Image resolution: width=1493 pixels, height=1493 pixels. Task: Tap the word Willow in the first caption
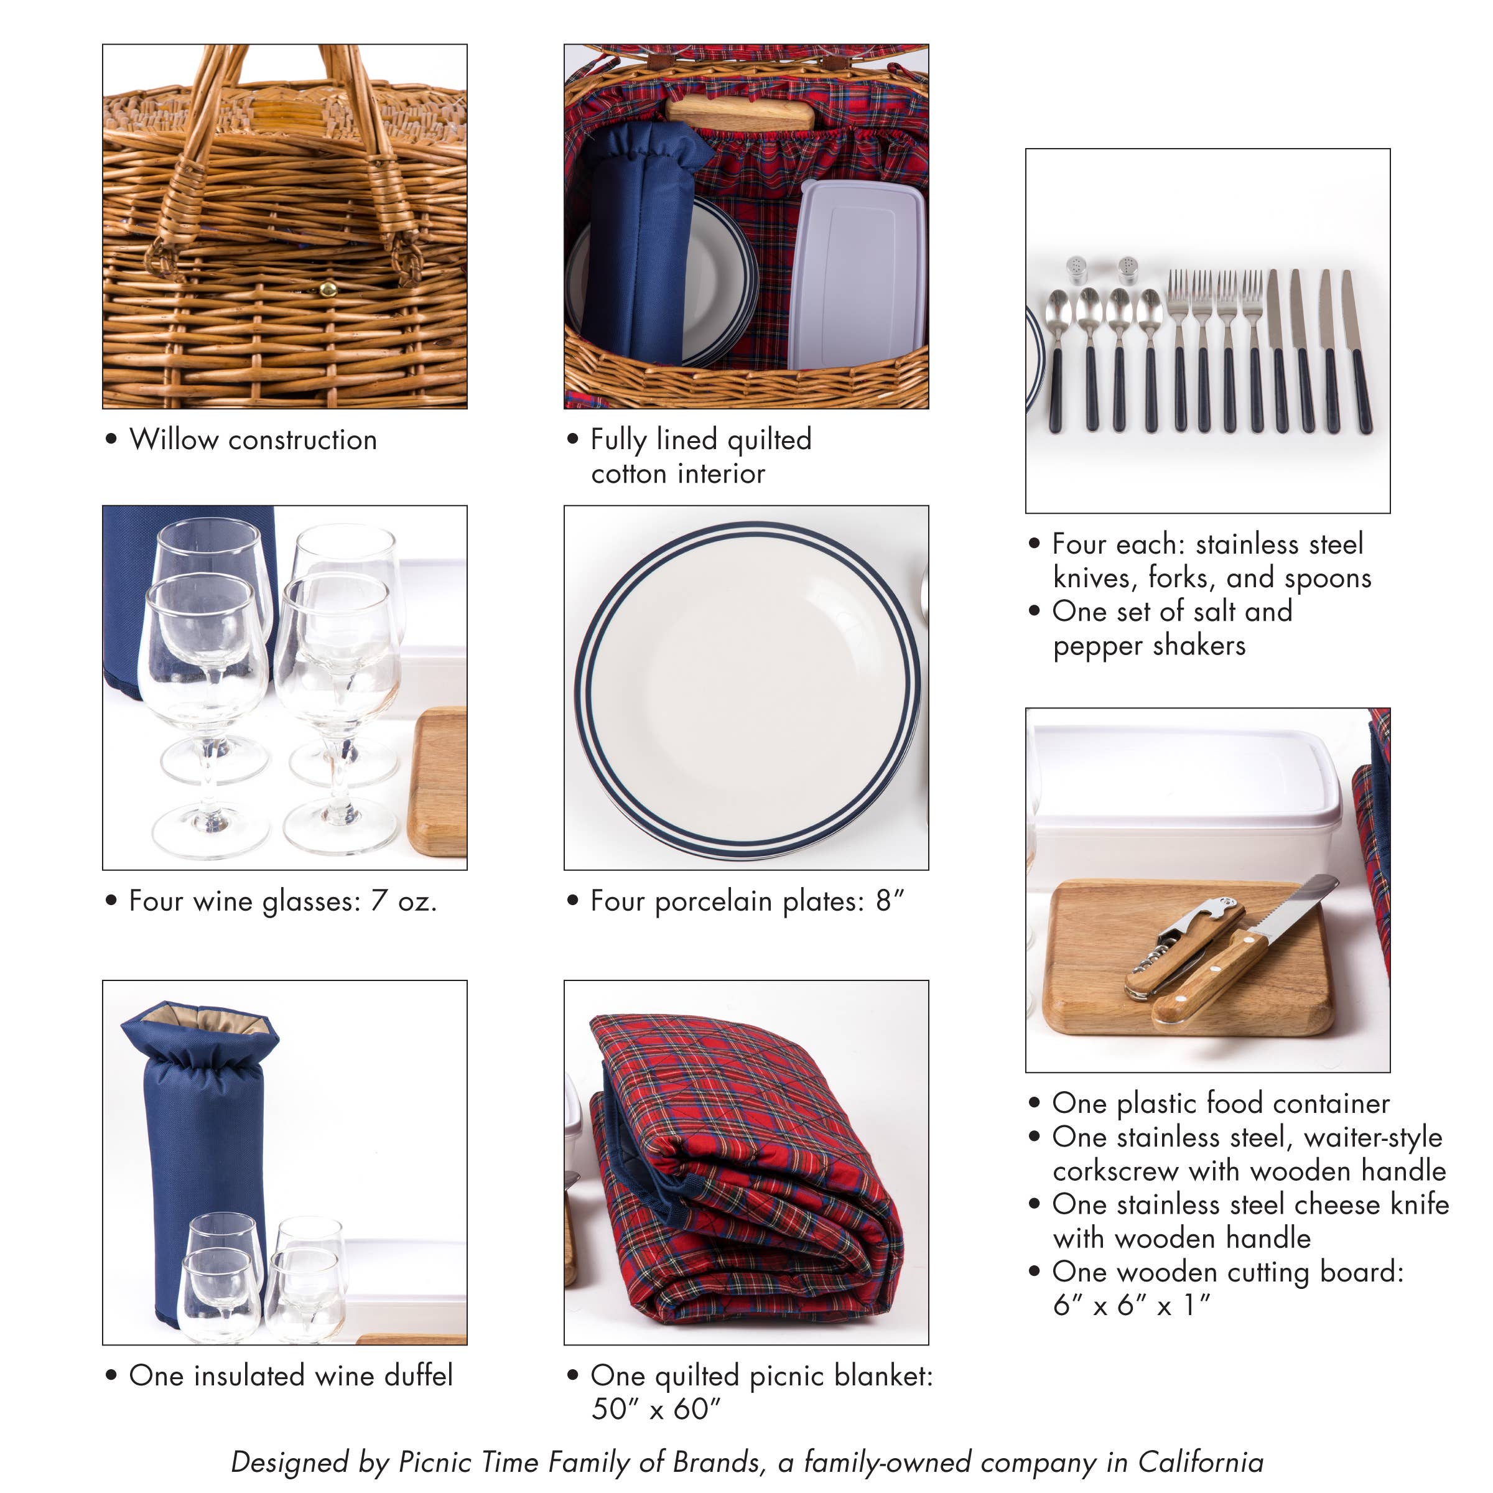coord(174,440)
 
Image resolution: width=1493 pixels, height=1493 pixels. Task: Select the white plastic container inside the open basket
coord(856,275)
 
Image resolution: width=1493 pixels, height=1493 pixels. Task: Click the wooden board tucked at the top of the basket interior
coord(740,114)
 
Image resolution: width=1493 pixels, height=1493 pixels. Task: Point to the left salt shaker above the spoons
coord(1076,270)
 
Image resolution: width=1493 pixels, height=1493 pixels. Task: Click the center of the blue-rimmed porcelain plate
coord(746,688)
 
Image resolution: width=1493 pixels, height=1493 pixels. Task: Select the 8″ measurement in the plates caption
coord(890,901)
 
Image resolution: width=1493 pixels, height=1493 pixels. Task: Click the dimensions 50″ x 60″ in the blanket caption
coord(655,1409)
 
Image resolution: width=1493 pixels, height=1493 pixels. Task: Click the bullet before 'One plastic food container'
coord(1035,1104)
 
